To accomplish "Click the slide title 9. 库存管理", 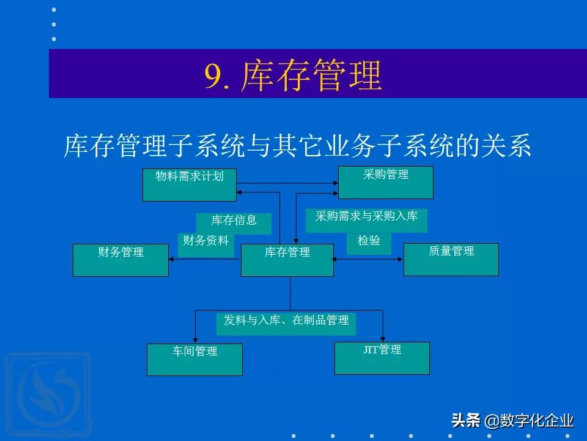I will coord(293,75).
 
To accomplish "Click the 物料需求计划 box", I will coord(189,184).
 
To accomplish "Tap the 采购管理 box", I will coord(385,182).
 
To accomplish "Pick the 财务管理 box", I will coord(120,260).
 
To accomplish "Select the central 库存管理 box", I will coord(287,260).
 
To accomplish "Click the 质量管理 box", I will coord(451,259).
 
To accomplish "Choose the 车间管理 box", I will coord(194,359).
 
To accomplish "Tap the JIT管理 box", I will coord(382,358).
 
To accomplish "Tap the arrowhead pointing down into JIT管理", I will coord(383,338).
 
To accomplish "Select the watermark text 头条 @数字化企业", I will coord(512,421).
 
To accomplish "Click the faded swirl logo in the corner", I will coord(46,392).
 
